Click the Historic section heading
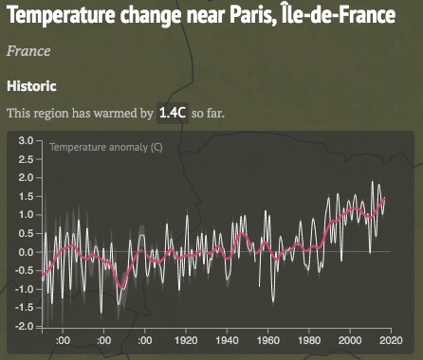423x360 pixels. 32,85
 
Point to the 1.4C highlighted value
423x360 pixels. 173,113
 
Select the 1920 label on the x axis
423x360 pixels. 187,341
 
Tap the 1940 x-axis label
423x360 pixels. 228,341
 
